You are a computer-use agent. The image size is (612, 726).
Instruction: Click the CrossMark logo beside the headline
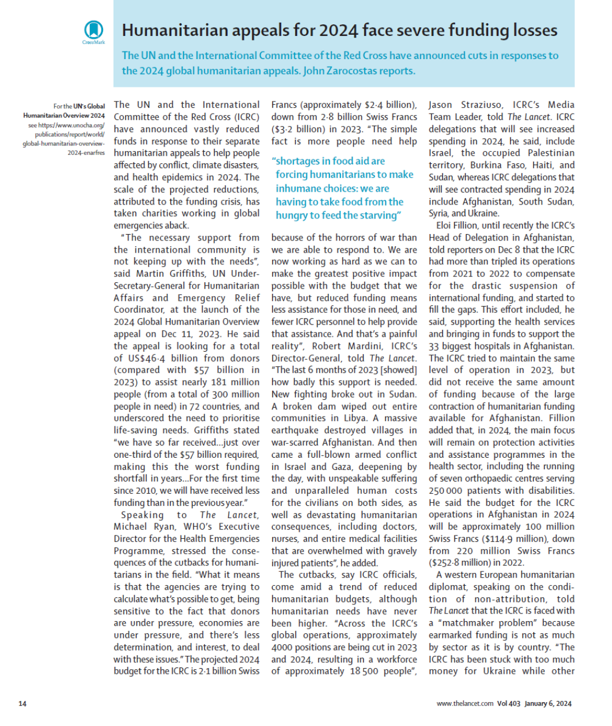coord(94,30)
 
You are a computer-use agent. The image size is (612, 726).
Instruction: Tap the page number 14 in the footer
coord(23,703)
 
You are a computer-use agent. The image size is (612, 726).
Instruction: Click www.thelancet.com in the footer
coord(465,703)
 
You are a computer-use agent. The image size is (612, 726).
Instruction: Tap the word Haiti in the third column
coord(526,165)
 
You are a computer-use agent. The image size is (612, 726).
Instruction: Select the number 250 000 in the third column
coord(448,491)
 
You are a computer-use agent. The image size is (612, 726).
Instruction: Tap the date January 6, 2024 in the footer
coord(548,703)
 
